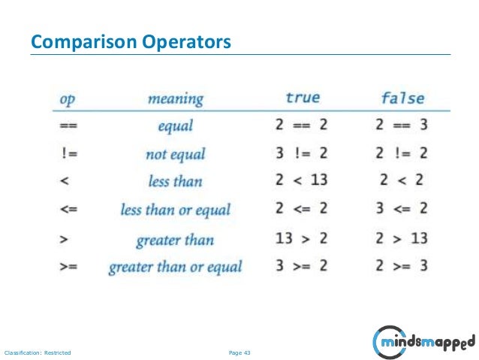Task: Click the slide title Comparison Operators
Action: (130, 42)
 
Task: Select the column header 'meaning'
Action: (175, 98)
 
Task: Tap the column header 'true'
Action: (303, 98)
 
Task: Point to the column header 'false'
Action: (402, 98)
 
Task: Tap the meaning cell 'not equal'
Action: (175, 154)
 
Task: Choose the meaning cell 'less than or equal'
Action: (175, 210)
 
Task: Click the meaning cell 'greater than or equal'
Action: (176, 267)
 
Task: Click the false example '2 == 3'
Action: (402, 126)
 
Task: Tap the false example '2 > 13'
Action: (402, 239)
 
